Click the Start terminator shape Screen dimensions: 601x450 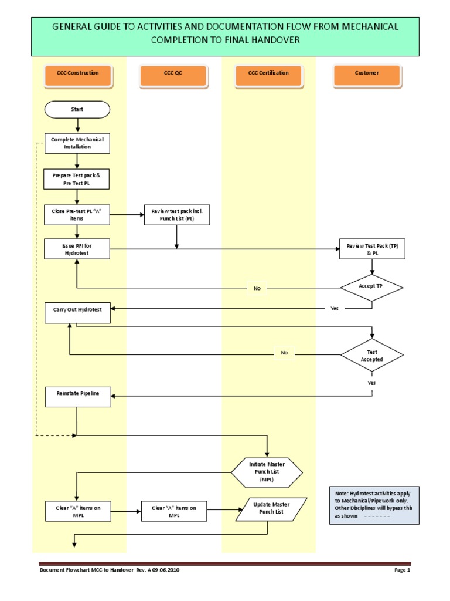pos(77,109)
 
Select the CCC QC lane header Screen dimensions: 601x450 pos(173,73)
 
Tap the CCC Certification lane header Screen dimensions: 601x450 pos(268,73)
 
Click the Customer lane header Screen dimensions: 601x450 pos(367,73)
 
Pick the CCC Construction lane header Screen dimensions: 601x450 pos(78,73)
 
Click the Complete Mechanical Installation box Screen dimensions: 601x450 pos(77,143)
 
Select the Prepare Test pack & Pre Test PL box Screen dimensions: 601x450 pos(77,179)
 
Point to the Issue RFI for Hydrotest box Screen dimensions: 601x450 pos(77,249)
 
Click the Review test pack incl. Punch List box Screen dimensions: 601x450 pos(177,215)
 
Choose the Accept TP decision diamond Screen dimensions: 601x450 pos(372,288)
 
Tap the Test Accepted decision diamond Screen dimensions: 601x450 pos(372,355)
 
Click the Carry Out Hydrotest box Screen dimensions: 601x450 pos(77,312)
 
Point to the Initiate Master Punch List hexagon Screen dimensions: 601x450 pos(267,472)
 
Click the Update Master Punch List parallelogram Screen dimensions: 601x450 pos(271,509)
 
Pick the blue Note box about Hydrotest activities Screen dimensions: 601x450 pos(373,505)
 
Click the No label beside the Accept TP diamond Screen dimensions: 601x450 pos(257,288)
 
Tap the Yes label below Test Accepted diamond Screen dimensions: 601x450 pos(371,383)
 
